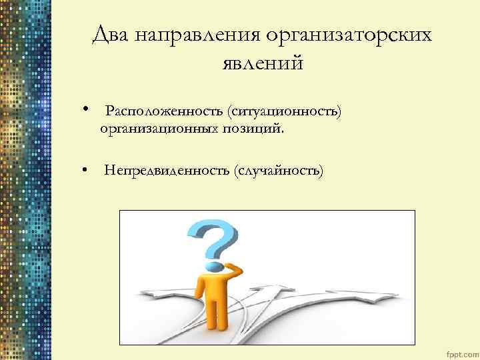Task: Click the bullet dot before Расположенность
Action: click(x=87, y=108)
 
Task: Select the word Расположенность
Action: click(x=163, y=109)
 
